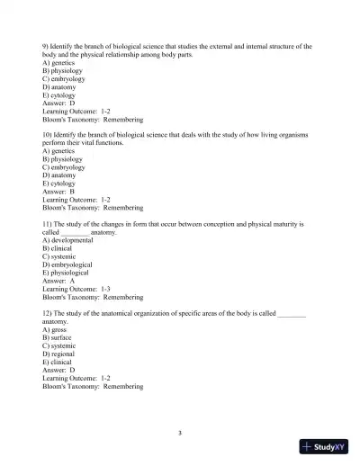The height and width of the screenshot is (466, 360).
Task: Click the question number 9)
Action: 47,45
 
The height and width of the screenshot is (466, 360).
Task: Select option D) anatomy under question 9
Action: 62,86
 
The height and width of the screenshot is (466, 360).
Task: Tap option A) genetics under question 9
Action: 61,62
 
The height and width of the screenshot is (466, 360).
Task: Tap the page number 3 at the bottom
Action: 180,433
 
